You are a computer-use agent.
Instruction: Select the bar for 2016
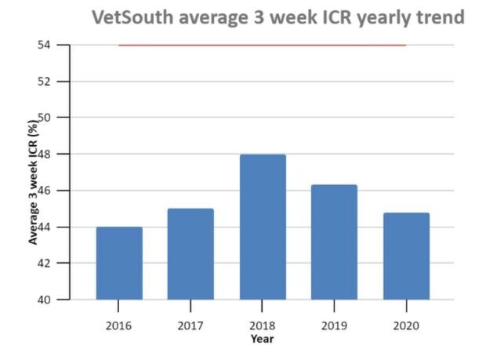point(119,264)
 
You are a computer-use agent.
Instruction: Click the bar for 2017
point(190,254)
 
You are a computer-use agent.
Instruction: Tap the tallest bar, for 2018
point(263,227)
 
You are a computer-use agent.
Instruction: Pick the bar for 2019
point(334,242)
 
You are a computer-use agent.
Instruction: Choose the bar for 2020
point(406,256)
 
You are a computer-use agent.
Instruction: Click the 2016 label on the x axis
point(119,325)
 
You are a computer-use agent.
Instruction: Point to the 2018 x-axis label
point(263,325)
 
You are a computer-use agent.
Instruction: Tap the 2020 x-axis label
point(406,325)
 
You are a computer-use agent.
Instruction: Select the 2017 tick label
point(190,325)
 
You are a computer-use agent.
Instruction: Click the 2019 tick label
point(334,325)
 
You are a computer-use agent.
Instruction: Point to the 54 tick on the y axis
point(44,45)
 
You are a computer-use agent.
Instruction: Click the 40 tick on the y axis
point(44,300)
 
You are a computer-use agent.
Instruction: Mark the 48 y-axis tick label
point(44,155)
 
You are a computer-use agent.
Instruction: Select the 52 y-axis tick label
point(44,82)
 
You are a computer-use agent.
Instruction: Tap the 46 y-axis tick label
point(44,191)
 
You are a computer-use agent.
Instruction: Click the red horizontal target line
point(263,45)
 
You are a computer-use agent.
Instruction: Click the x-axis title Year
point(263,339)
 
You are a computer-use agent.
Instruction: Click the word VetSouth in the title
point(130,17)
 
